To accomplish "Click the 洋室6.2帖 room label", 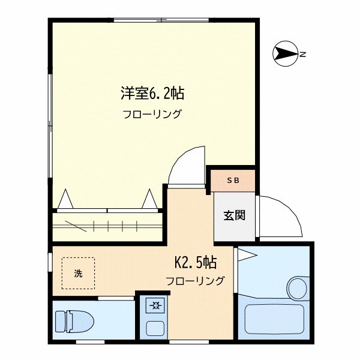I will pyautogui.click(x=152, y=93).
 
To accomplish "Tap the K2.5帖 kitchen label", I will pyautogui.click(x=195, y=262).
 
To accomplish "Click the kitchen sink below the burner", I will pyautogui.click(x=155, y=328).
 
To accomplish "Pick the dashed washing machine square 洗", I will pyautogui.click(x=78, y=274).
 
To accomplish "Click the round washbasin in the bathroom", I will pyautogui.click(x=296, y=284).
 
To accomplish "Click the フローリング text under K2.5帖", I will pyautogui.click(x=195, y=280).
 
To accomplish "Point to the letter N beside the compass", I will pyautogui.click(x=304, y=55).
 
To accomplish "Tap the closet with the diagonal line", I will pyautogui.click(x=108, y=227).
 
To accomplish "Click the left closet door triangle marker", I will pyautogui.click(x=67, y=199).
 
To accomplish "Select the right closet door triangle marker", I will pyautogui.click(x=149, y=199).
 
